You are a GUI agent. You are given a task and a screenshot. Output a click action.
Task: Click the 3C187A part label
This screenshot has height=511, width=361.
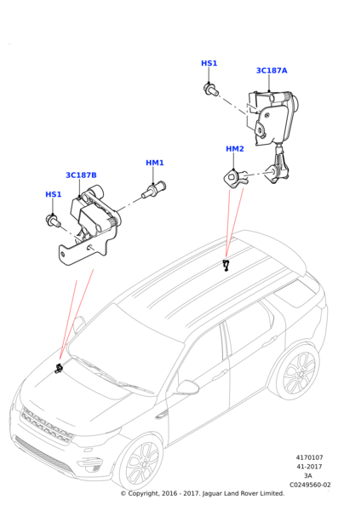(272, 71)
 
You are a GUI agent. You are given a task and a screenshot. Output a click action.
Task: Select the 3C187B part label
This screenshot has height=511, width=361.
(81, 175)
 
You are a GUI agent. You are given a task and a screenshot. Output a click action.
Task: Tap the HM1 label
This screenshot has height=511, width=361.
(155, 163)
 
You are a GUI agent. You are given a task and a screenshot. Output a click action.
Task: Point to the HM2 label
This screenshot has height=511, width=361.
(235, 149)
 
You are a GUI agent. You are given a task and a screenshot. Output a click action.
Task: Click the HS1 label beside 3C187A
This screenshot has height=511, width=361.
(209, 63)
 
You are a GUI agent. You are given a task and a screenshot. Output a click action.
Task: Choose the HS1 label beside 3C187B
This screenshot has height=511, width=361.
(53, 194)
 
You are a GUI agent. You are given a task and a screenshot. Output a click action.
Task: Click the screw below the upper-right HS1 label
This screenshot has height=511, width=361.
(211, 89)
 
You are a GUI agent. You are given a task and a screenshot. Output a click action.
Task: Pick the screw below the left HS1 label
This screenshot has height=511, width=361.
(54, 221)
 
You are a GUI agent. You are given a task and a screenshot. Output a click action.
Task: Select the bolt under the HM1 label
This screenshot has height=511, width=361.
(154, 190)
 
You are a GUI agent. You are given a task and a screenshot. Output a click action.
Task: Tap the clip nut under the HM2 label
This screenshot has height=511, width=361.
(235, 179)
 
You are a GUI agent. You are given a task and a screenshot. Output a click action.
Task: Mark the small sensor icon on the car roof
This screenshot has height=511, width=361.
(226, 265)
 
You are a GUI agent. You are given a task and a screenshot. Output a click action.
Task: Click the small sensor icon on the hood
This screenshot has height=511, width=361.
(59, 368)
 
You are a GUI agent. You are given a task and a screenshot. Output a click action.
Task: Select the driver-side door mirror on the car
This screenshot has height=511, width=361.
(187, 388)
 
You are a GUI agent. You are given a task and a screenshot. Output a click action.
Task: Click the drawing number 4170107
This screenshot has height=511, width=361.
(310, 457)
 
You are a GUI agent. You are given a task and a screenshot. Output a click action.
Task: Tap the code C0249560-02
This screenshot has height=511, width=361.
(310, 485)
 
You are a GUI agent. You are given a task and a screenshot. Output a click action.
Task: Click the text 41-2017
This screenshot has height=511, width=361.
(309, 467)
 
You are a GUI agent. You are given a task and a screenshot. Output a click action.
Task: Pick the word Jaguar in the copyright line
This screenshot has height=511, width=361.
(213, 494)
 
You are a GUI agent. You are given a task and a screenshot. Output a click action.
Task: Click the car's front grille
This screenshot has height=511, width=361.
(46, 425)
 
